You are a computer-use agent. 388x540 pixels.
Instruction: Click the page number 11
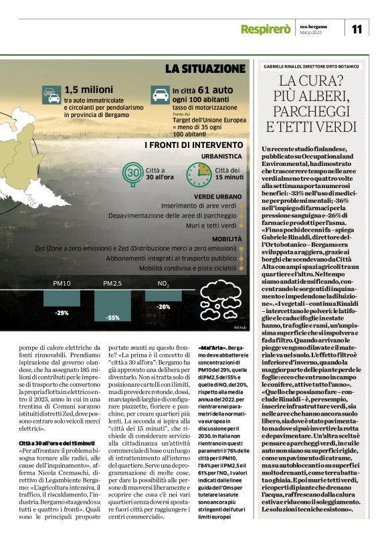(357, 27)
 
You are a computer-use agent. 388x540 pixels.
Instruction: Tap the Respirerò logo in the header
(284, 28)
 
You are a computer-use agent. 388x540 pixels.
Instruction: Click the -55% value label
(112, 318)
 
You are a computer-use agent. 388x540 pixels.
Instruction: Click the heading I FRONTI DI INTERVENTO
(193, 145)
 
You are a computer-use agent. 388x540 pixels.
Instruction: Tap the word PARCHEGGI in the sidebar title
(312, 110)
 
